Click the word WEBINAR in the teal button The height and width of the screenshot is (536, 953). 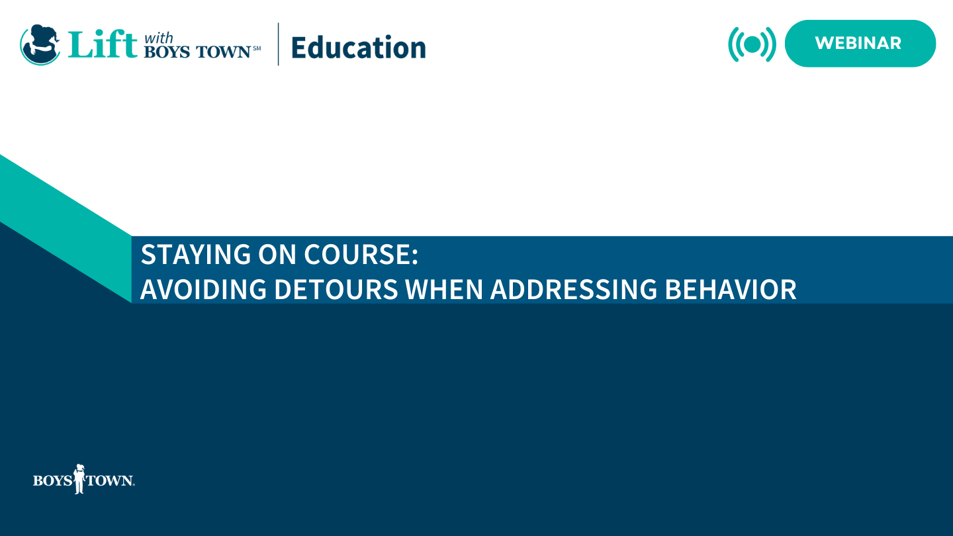(858, 43)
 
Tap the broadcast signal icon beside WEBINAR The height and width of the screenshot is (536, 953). (752, 44)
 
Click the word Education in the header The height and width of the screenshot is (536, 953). (358, 48)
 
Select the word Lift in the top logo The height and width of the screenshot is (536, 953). (102, 44)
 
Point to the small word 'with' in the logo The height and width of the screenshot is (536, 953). (158, 38)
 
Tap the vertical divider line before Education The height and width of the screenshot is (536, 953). (278, 44)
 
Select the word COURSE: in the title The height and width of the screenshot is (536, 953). (361, 254)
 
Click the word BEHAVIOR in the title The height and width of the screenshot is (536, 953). (731, 289)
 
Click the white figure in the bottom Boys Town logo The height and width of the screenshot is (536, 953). (79, 478)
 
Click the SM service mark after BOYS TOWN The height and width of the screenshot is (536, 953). (257, 48)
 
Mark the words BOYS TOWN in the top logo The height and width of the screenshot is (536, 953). (197, 52)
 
